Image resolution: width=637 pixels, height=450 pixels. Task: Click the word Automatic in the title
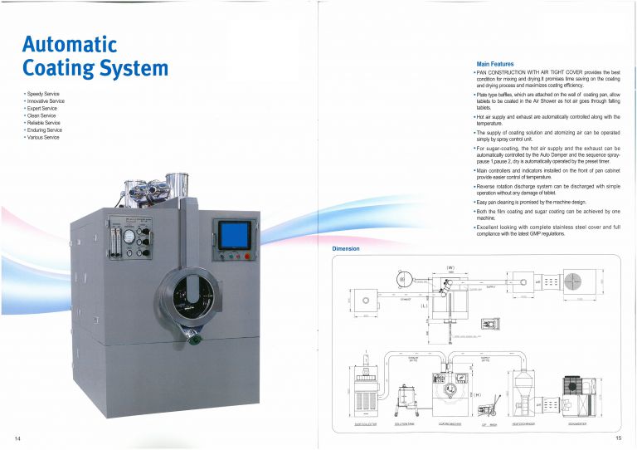[x=70, y=43]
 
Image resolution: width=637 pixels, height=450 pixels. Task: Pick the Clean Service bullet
[x=42, y=115]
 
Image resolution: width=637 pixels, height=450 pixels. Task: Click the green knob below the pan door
[x=193, y=335]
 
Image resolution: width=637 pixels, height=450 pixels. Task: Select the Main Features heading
[x=495, y=64]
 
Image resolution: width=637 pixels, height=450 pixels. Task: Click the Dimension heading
[x=345, y=248]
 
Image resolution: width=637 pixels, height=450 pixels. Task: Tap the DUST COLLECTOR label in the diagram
[x=366, y=423]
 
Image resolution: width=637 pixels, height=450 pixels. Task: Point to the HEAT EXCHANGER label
[x=523, y=423]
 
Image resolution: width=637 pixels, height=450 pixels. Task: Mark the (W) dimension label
[x=450, y=267]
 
